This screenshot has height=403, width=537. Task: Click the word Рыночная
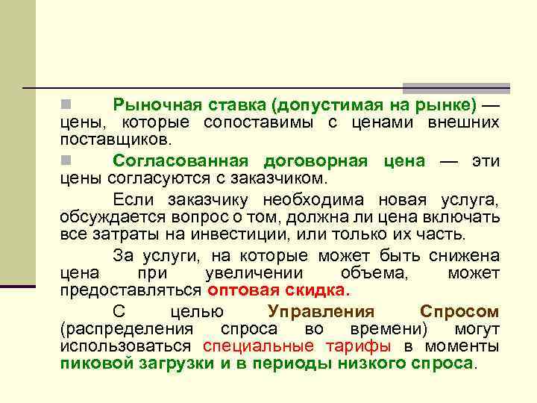[x=149, y=104]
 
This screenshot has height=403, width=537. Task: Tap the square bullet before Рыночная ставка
[x=66, y=102]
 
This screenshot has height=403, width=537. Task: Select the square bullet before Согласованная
[x=66, y=160]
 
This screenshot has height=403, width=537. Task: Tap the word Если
[x=133, y=199]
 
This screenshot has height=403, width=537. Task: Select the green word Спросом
[x=459, y=311]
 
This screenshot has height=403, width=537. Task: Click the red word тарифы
[x=358, y=347]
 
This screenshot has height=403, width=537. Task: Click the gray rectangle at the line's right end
[x=456, y=87]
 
